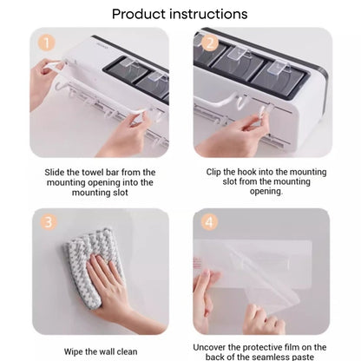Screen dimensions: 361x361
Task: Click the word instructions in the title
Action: pos(208,14)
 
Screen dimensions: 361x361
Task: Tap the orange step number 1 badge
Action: pos(46,43)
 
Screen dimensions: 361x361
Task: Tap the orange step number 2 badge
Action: pos(210,43)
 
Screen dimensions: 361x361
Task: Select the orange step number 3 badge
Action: pos(48,222)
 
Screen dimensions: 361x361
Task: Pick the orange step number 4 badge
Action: pos(209,222)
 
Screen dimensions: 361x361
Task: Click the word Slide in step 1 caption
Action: pos(55,173)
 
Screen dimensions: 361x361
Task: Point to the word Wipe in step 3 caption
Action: pos(74,352)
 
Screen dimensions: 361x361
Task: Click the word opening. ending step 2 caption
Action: pos(266,192)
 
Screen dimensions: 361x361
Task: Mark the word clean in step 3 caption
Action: pos(126,351)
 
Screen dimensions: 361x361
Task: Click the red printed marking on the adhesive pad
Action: pos(197,263)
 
